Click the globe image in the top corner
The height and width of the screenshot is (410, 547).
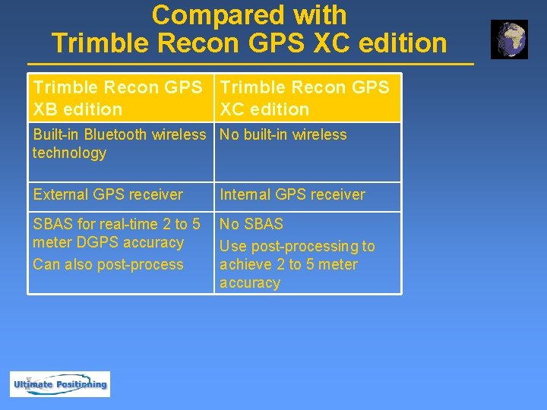pyautogui.click(x=509, y=39)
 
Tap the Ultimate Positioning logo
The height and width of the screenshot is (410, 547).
pyautogui.click(x=60, y=384)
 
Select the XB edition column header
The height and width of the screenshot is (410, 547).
pyautogui.click(x=121, y=98)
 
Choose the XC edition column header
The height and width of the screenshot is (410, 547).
pyautogui.click(x=308, y=98)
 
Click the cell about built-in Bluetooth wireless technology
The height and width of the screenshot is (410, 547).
pyautogui.click(x=121, y=144)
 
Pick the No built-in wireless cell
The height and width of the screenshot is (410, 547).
pyautogui.click(x=283, y=135)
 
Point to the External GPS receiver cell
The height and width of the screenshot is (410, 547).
pyautogui.click(x=108, y=195)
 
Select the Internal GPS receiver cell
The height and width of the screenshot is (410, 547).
pyautogui.click(x=292, y=195)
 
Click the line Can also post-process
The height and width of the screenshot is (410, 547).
pyautogui.click(x=108, y=265)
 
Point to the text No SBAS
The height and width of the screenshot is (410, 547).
pyautogui.click(x=251, y=225)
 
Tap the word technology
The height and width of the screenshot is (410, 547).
pyautogui.click(x=69, y=153)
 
